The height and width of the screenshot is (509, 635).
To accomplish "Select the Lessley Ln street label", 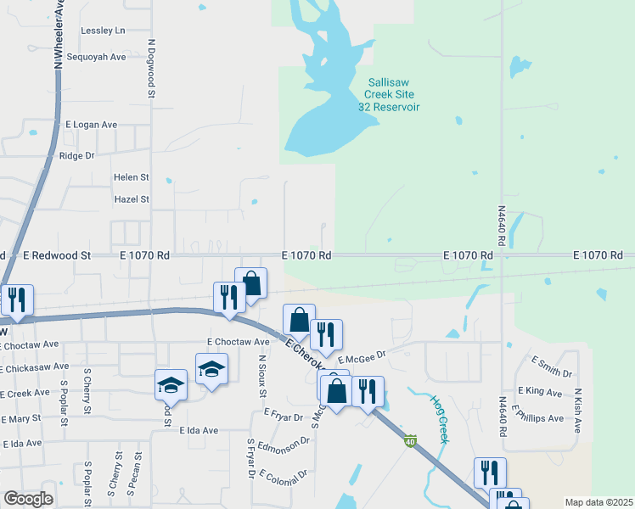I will [103, 31].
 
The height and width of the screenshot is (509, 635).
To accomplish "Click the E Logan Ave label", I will [89, 125].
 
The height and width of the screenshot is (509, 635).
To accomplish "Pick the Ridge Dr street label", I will [76, 156].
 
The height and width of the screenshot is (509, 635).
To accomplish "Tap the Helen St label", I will [132, 177].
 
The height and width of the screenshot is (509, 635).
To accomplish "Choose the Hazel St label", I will [132, 199].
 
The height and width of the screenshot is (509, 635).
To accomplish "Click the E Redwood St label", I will [57, 255].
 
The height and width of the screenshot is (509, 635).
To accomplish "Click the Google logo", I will [28, 499].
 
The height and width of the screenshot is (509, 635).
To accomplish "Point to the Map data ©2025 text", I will [598, 502].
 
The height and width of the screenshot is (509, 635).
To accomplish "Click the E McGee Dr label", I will [361, 360].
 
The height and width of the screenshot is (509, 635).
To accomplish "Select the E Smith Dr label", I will [552, 366].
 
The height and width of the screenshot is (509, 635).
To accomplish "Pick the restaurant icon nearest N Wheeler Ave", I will [16, 300].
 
